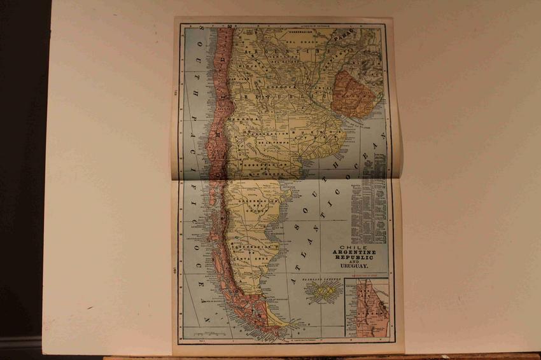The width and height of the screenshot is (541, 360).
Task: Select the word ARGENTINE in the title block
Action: click(x=355, y=253)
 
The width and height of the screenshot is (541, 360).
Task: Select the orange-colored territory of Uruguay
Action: click(x=354, y=93)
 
